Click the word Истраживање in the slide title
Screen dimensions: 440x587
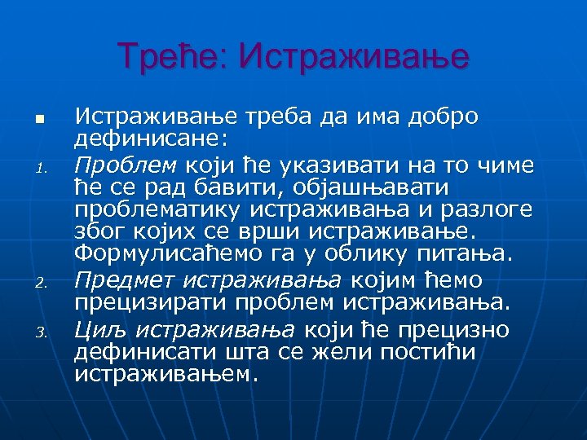coord(355,56)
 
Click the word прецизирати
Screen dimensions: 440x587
coord(152,303)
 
